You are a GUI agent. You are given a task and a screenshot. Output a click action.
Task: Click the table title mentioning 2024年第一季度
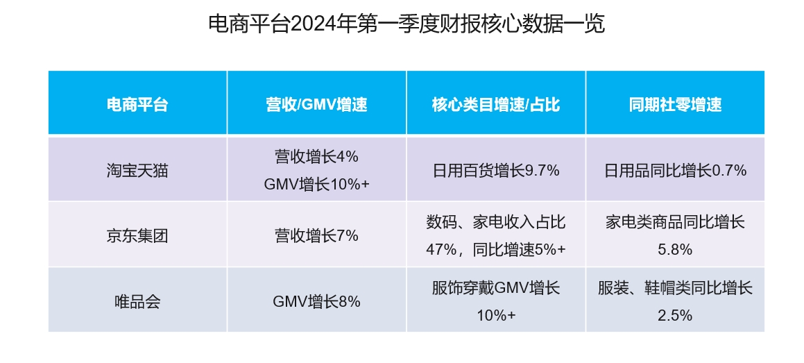[407, 24]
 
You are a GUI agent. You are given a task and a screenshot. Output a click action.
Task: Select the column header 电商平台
[137, 105]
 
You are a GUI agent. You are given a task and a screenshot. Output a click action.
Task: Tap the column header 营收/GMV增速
[316, 105]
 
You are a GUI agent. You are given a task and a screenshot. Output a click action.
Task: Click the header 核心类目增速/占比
[495, 105]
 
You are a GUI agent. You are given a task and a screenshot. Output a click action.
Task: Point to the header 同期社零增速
[675, 105]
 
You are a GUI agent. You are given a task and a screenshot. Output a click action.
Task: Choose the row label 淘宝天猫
[137, 170]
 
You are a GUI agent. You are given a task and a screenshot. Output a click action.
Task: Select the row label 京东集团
[137, 235]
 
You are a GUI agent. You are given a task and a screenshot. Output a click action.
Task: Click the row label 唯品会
[137, 301]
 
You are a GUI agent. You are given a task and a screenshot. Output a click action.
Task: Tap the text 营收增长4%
[316, 157]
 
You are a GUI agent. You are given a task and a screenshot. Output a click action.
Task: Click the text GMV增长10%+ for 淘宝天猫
[316, 184]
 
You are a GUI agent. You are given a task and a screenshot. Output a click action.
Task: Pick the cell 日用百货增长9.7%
[495, 170]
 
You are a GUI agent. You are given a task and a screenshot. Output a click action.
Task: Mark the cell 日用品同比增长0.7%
[675, 170]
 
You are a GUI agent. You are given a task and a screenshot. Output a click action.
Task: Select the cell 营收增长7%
[316, 235]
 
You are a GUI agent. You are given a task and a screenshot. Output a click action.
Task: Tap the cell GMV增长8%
[316, 301]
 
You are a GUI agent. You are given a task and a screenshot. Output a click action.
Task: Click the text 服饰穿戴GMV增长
[495, 287]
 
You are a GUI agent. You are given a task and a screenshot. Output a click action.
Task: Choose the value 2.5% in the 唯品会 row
[675, 315]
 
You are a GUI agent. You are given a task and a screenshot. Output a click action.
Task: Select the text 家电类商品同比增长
[675, 222]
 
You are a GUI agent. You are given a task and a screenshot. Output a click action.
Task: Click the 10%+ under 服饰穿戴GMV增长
[495, 315]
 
